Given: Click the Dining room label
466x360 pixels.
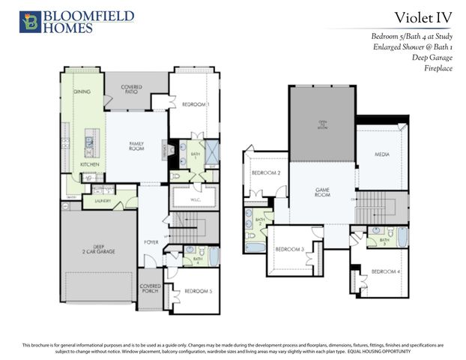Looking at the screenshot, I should click(82, 91).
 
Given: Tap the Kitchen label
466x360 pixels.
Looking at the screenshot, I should click(90, 163).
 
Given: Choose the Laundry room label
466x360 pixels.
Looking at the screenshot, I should click(103, 201).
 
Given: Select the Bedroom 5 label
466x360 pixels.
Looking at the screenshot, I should click(197, 289).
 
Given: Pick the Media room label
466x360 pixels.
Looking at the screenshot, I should click(382, 154).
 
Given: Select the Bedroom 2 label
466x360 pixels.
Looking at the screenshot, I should click(265, 173).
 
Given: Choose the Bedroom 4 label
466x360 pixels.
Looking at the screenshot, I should click(386, 271).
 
